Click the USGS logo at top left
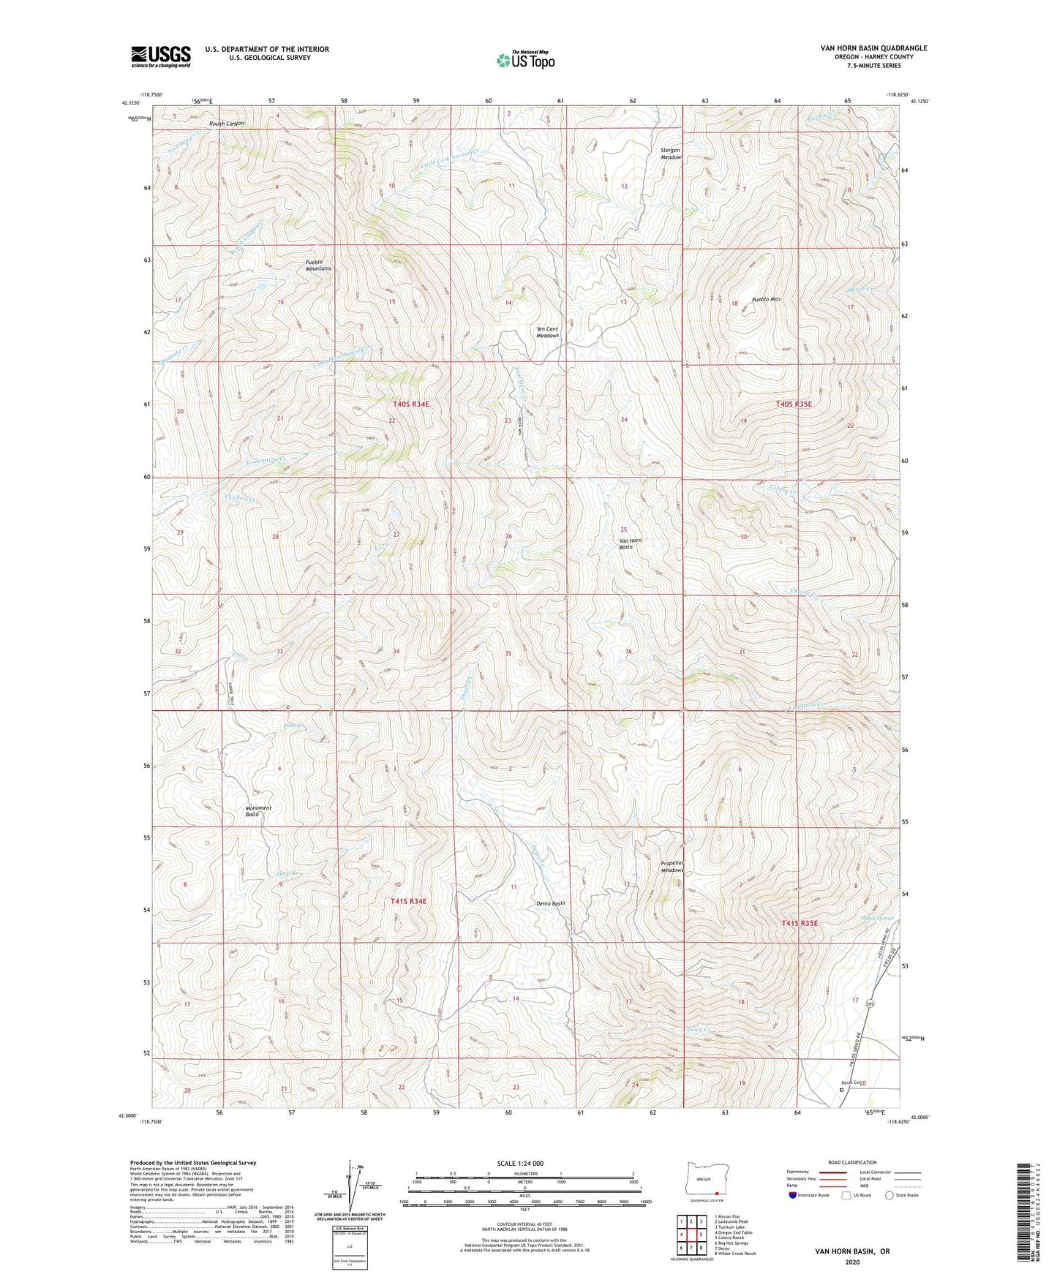coord(161,56)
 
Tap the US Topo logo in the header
coord(524,60)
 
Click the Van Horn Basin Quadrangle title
coord(873,48)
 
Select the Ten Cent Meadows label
coord(547,332)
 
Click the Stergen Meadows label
coord(672,154)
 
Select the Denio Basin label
coord(551,903)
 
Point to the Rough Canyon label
coord(227,124)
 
